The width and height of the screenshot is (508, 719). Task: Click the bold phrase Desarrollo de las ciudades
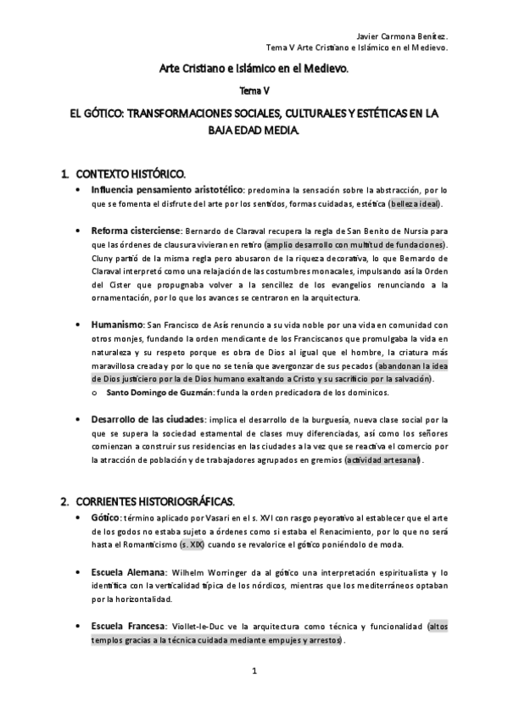148,419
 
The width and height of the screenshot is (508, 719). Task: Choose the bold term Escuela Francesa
128,627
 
